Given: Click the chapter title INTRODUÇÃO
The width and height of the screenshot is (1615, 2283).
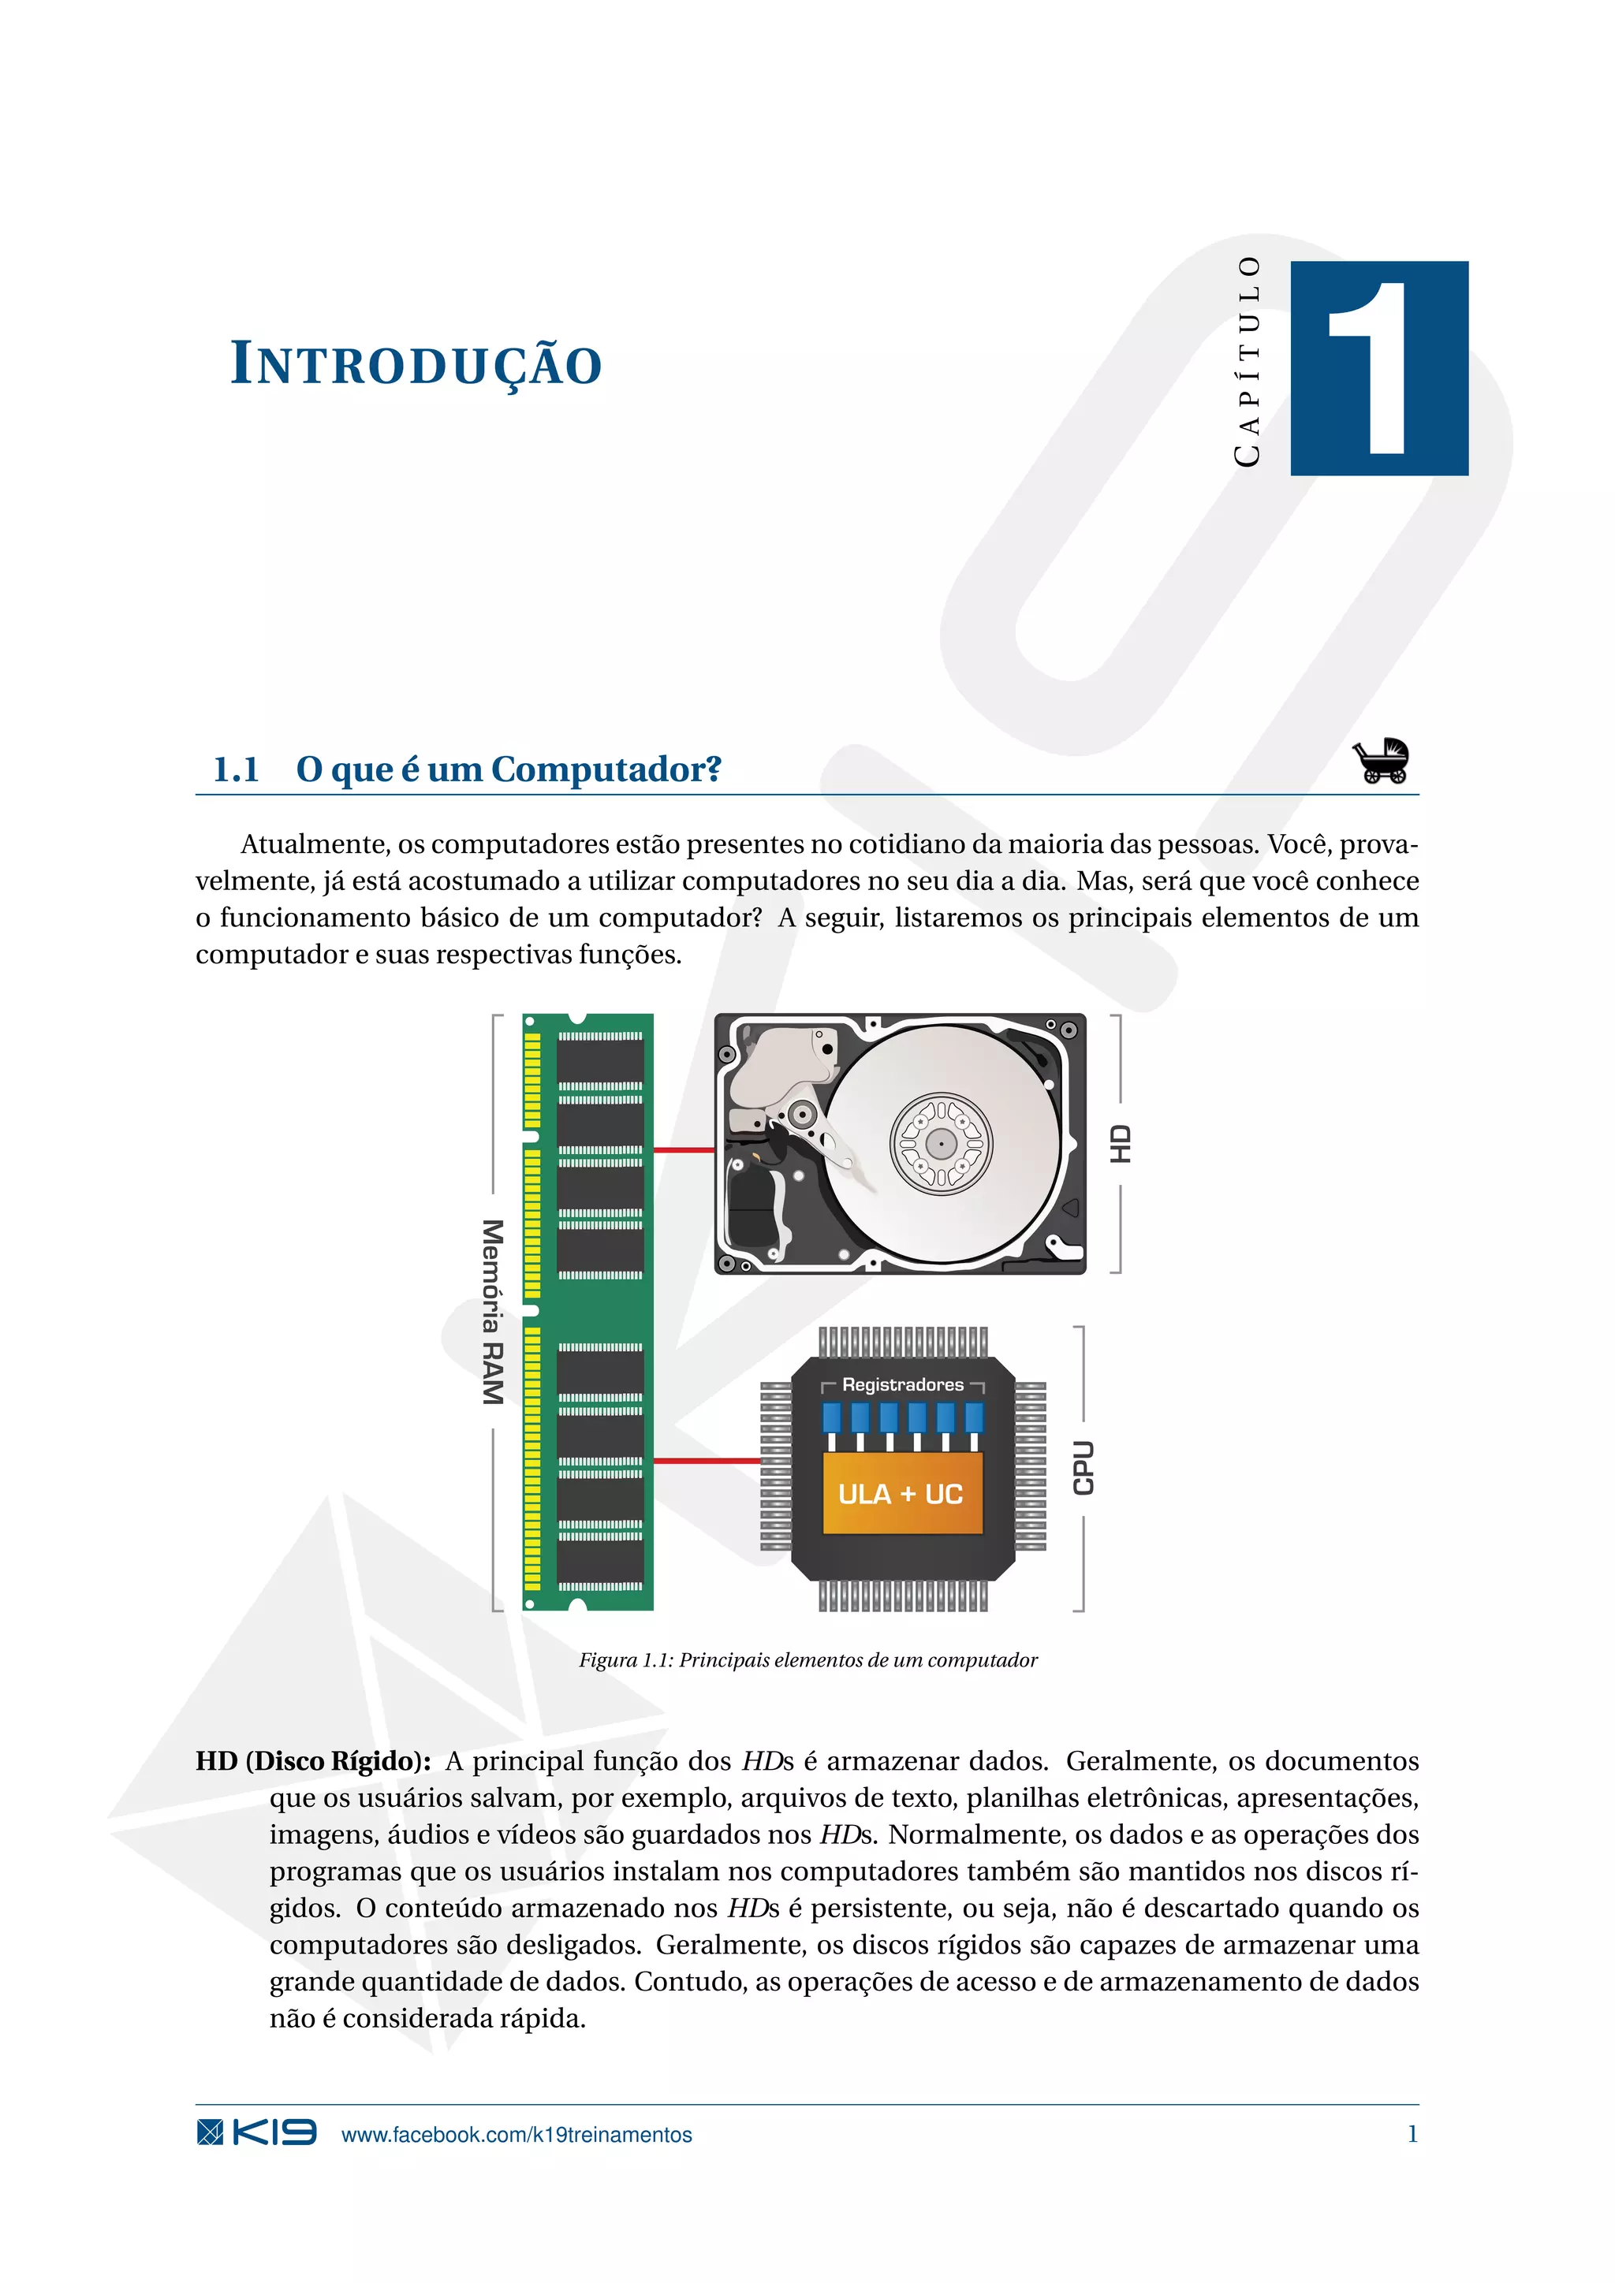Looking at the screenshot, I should point(416,364).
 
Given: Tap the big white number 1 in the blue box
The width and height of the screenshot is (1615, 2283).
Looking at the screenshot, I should point(1375,368).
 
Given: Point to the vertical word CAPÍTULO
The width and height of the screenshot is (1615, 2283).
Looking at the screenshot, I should point(1247,361).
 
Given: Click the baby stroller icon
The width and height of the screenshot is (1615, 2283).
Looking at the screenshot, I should point(1380,762).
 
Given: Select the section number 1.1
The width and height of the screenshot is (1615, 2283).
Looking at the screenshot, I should point(236,769).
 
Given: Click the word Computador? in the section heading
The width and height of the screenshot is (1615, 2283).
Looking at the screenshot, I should point(606,769).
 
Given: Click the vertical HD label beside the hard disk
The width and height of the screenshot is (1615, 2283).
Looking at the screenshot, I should point(1121,1144).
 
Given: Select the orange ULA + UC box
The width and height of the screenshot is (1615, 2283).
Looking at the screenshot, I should point(901,1494).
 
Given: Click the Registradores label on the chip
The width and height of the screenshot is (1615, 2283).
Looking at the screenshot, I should point(902,1384).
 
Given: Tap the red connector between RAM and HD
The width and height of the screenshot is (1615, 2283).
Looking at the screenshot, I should point(684,1149).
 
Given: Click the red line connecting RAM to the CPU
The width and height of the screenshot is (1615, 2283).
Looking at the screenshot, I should point(706,1461).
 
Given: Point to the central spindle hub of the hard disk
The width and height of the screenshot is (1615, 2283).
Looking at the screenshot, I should point(941,1144).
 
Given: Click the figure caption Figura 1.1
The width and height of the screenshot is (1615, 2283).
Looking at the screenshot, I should point(807,1659).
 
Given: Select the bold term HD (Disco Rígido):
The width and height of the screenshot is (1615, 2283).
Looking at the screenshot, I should point(313,1761).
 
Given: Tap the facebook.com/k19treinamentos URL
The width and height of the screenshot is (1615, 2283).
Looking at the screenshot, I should point(517,2135).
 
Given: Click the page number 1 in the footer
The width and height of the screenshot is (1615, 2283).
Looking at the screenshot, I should point(1412,2134).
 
